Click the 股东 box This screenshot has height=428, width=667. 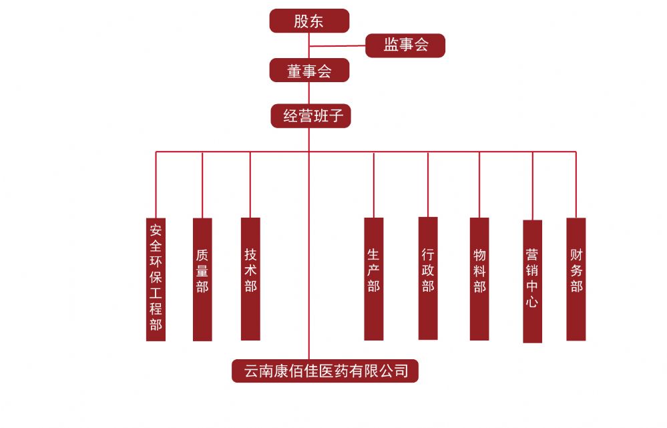(x=309, y=21)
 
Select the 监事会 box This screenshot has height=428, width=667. (x=405, y=45)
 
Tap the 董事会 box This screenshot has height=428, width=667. (x=309, y=70)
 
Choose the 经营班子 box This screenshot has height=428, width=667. (x=310, y=116)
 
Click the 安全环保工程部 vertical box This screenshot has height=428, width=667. (x=156, y=279)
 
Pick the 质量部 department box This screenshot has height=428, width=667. (x=202, y=279)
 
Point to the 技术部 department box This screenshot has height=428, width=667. (x=250, y=278)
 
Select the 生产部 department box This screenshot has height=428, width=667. (x=374, y=278)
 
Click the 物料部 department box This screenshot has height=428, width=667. (x=479, y=278)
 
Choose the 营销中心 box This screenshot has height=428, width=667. (x=532, y=280)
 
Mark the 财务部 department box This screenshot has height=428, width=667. (x=576, y=278)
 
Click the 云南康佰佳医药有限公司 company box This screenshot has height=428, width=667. (x=325, y=371)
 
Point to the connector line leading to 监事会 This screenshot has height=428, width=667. (x=337, y=46)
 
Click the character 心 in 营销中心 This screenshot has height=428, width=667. (x=532, y=302)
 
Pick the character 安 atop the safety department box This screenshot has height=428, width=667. (x=156, y=230)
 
